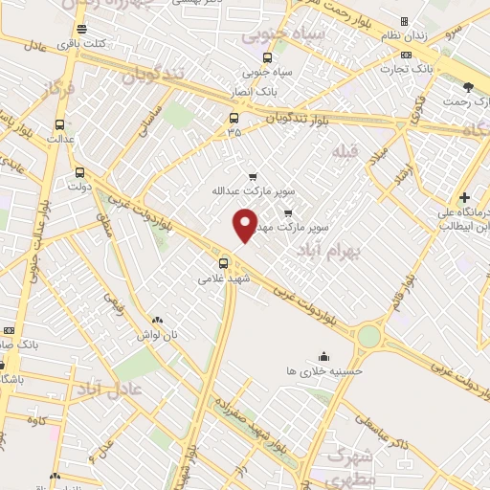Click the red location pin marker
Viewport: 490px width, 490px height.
point(246,224)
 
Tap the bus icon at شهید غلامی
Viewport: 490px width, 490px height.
point(223,263)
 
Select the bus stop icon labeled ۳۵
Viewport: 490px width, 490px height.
point(234,119)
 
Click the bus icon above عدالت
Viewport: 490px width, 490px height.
point(61,124)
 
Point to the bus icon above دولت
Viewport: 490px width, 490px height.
point(79,173)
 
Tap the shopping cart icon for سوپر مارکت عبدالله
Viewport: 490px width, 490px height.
point(253,176)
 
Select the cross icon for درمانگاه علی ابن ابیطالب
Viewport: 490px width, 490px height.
point(464,197)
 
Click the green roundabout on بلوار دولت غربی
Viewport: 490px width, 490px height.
point(368,336)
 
